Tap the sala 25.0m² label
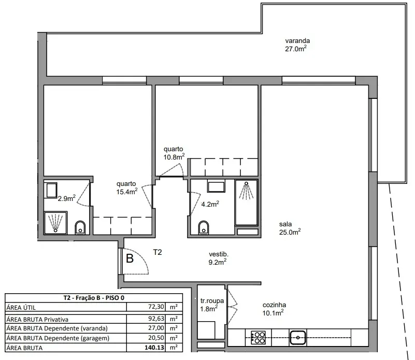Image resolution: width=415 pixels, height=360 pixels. (290, 228)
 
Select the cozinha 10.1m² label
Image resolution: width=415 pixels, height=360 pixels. (274, 309)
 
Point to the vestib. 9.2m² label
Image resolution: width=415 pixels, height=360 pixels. (218, 258)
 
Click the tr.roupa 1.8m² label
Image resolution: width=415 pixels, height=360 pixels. (212, 305)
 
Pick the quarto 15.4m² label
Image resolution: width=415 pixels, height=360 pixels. (127, 188)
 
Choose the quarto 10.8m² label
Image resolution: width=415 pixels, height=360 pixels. (174, 153)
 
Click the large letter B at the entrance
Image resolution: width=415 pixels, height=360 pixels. (130, 258)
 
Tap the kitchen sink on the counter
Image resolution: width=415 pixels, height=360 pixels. (298, 338)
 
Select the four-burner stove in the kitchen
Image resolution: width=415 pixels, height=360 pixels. (258, 338)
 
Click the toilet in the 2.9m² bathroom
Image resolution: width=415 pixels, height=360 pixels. (80, 227)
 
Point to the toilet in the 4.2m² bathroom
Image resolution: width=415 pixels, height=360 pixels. (204, 227)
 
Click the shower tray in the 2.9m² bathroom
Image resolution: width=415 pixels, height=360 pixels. (55, 223)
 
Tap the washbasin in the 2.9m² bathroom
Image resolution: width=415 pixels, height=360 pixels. (52, 190)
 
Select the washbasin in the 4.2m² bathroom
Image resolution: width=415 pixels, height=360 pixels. (216, 186)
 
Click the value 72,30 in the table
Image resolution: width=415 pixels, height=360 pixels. (156, 307)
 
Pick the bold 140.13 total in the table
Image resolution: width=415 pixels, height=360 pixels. (154, 347)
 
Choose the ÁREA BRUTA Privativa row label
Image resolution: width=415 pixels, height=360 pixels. (37, 319)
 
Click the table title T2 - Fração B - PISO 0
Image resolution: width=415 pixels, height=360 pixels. (94, 298)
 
